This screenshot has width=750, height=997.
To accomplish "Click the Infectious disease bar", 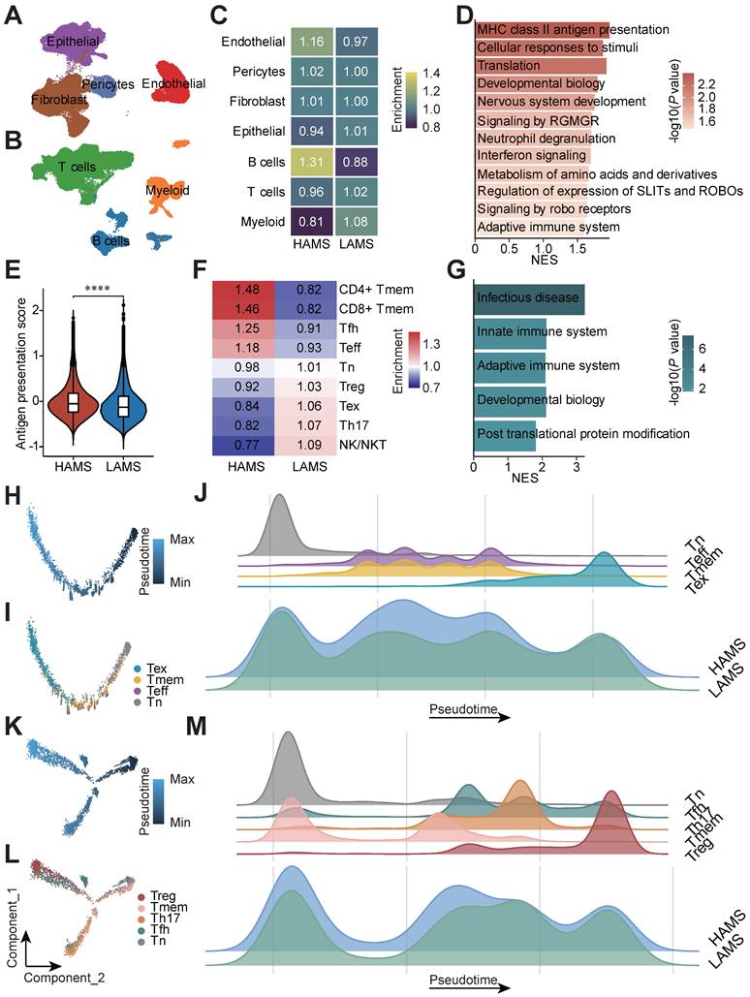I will (x=528, y=299).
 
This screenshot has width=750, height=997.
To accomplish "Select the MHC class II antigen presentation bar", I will (x=542, y=30).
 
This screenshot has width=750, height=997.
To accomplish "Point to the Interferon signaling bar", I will (x=532, y=155).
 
